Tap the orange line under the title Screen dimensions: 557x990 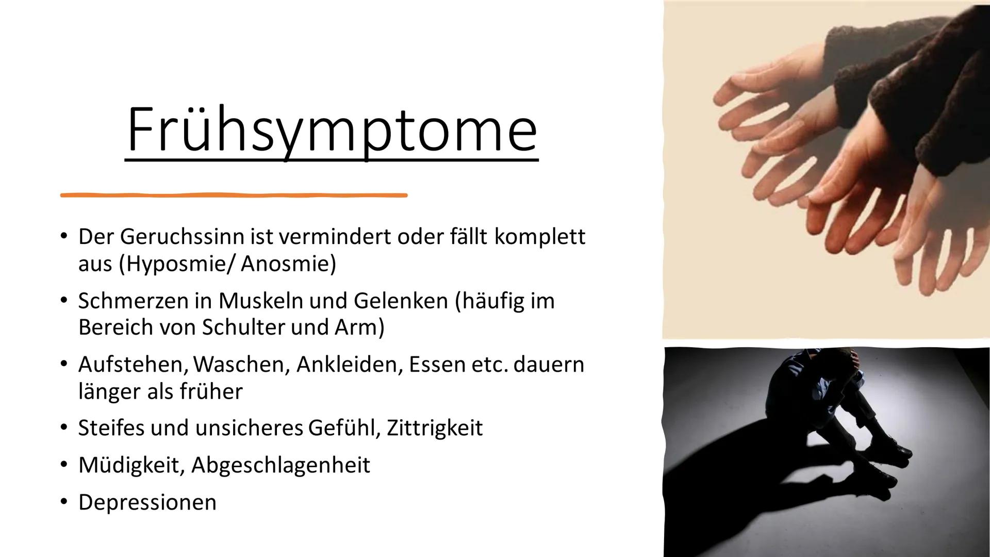point(234,195)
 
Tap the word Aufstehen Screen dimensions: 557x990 point(131,365)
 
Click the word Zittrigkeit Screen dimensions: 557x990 point(434,428)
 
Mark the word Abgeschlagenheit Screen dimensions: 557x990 point(280,465)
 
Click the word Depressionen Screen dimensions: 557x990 point(147,502)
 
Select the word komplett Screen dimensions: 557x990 point(540,237)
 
